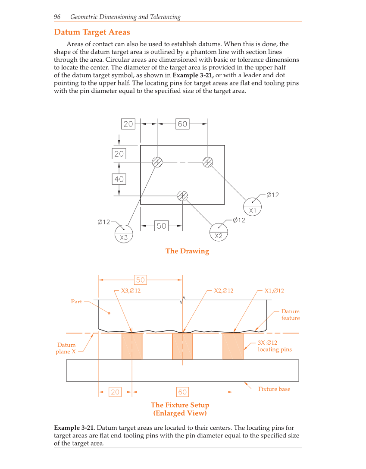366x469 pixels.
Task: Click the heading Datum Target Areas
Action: tap(92, 32)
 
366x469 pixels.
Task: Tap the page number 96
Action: tap(57, 17)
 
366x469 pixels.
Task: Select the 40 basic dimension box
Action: tap(119, 179)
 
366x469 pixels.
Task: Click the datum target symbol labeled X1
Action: tap(253, 206)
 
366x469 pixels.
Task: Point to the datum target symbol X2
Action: tap(219, 231)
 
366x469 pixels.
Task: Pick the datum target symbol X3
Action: tap(124, 233)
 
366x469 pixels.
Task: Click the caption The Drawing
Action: tap(187, 251)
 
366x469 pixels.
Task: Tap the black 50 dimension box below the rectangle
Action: tap(161, 225)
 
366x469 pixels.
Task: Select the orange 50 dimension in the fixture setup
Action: tap(141, 280)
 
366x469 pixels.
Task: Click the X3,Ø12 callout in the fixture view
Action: tap(131, 290)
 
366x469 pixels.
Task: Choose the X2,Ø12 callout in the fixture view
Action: tap(224, 290)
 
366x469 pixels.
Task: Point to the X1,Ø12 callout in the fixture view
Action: tap(274, 290)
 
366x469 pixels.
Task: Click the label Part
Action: tap(76, 302)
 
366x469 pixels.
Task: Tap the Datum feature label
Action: tap(290, 315)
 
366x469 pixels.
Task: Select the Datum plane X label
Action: tap(66, 348)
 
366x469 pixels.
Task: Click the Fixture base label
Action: tap(274, 389)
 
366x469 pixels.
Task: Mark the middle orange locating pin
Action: tap(182, 346)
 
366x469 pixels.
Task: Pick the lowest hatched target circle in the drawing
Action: tap(183, 196)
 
